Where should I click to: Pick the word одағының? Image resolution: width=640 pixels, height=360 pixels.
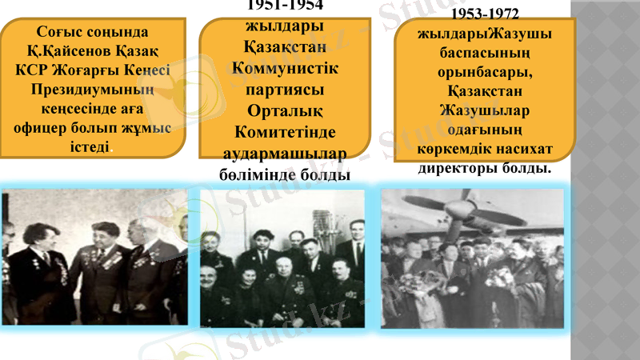[486, 130]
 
